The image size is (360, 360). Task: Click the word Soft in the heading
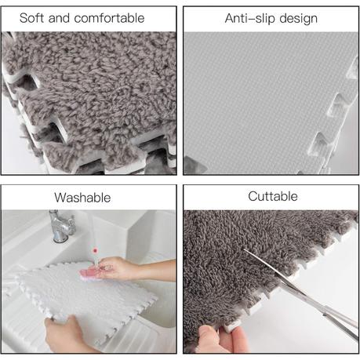coord(32,18)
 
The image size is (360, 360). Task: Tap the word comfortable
coord(109,18)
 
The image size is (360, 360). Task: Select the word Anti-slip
coord(250,18)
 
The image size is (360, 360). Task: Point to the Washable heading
coord(82,198)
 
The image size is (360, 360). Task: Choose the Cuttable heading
coord(273,196)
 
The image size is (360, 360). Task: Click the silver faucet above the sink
coord(60,226)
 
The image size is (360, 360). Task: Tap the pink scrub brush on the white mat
coord(92,275)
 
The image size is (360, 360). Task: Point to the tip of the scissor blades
coord(244,249)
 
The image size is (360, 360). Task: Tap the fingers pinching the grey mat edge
coord(222,339)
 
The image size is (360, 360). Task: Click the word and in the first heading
coord(59,18)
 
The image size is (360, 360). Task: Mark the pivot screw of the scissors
coord(325,315)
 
